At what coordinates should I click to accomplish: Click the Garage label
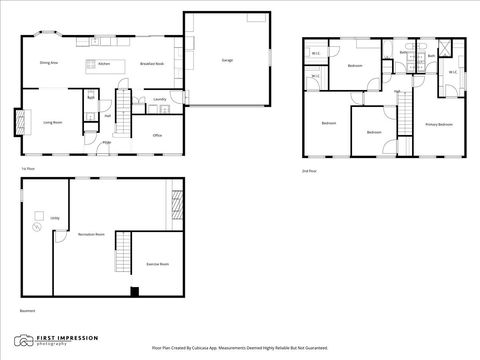pyautogui.click(x=227, y=60)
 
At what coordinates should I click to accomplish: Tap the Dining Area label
pyautogui.click(x=48, y=62)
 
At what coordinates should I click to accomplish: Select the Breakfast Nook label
pyautogui.click(x=152, y=63)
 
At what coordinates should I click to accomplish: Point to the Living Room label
pyautogui.click(x=53, y=122)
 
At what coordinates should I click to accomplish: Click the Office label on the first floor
pyautogui.click(x=157, y=134)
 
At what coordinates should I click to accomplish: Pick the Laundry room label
pyautogui.click(x=159, y=100)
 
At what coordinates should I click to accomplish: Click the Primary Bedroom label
pyautogui.click(x=439, y=124)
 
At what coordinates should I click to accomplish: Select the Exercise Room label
pyautogui.click(x=157, y=264)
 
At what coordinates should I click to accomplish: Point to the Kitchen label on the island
pyautogui.click(x=103, y=63)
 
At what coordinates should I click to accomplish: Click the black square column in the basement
pyautogui.click(x=133, y=292)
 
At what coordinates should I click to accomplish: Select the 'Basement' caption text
pyautogui.click(x=26, y=310)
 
